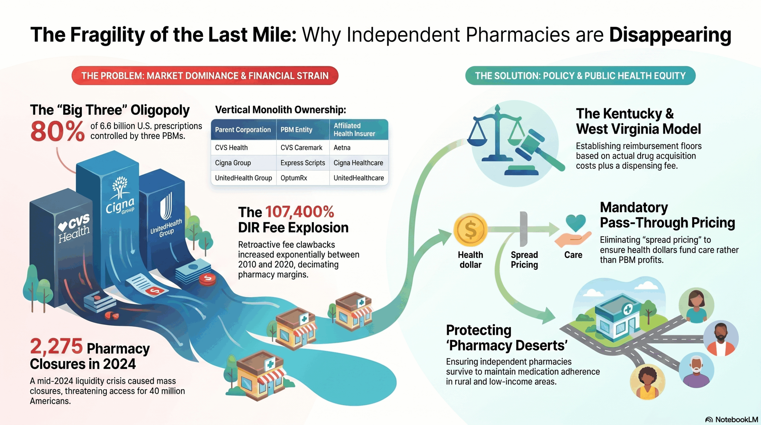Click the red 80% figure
(x=57, y=131)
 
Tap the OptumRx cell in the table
(x=294, y=178)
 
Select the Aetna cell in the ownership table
(x=342, y=148)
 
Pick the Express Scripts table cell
(x=303, y=163)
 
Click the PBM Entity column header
(x=296, y=130)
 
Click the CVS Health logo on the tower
(x=74, y=228)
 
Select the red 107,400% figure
(x=300, y=212)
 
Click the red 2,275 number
(x=56, y=346)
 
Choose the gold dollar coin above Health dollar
(x=470, y=230)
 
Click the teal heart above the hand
(x=576, y=222)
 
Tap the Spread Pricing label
(x=524, y=260)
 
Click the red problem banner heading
(x=205, y=76)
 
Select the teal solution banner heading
(x=580, y=76)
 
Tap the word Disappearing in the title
(x=670, y=35)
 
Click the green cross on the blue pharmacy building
(x=628, y=310)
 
